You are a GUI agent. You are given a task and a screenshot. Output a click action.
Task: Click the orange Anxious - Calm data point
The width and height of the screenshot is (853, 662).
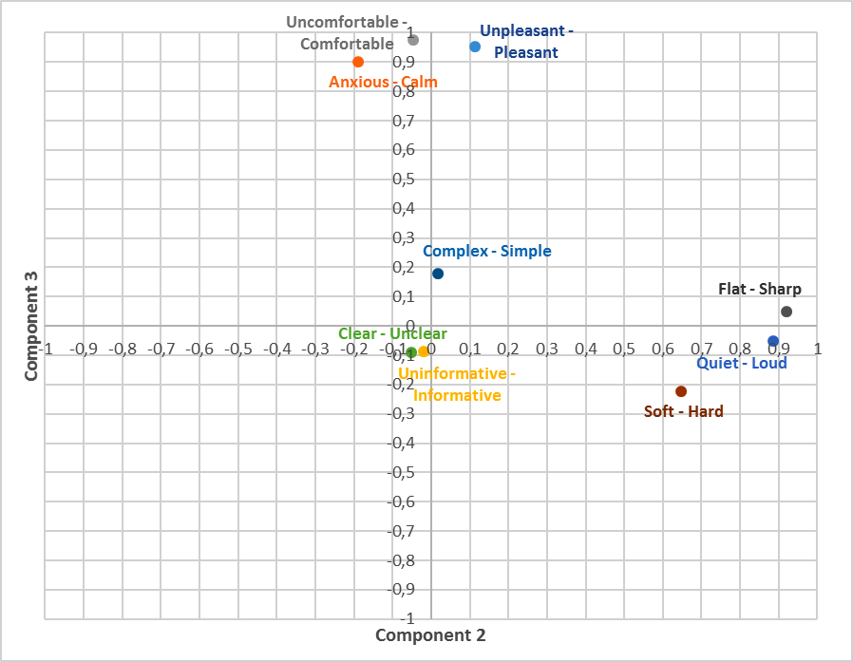pos(358,62)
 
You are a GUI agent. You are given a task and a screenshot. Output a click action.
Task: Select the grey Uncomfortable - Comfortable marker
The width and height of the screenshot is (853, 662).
pos(413,40)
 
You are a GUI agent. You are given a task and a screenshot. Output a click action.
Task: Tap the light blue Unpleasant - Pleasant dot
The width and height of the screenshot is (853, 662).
pos(475,47)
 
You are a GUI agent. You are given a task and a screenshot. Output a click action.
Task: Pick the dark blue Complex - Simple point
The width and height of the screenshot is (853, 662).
pos(438,274)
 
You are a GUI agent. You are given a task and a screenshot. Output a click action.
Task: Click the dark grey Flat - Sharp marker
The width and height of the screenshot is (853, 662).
pos(787,312)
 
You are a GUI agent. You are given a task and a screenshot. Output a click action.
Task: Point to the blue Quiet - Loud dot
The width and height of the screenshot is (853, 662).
pos(773,341)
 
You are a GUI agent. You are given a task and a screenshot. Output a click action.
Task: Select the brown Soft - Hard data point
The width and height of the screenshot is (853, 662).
pos(681,391)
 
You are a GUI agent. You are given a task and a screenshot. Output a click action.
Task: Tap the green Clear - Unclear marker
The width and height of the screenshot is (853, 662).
pos(411,352)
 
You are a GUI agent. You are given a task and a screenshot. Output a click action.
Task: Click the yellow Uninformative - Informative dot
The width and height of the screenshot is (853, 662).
pos(424,351)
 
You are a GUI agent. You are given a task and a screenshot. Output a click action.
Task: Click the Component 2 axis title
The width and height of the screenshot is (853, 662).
pos(430,635)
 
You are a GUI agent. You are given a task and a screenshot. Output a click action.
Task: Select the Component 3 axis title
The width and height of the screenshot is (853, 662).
pos(31,326)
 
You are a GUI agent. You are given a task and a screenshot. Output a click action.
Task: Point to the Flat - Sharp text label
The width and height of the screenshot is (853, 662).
pos(760,290)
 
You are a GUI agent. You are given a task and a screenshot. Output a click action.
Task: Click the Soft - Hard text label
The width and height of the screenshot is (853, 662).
pos(684,412)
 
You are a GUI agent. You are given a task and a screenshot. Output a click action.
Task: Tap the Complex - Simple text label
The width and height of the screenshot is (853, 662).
pos(486,252)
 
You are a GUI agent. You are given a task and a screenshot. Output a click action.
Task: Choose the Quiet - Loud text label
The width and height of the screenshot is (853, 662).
pos(742,363)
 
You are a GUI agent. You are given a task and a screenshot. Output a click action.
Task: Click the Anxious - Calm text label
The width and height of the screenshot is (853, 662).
pos(384,83)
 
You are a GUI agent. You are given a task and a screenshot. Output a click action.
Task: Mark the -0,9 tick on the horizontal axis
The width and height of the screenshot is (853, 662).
pos(85,349)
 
